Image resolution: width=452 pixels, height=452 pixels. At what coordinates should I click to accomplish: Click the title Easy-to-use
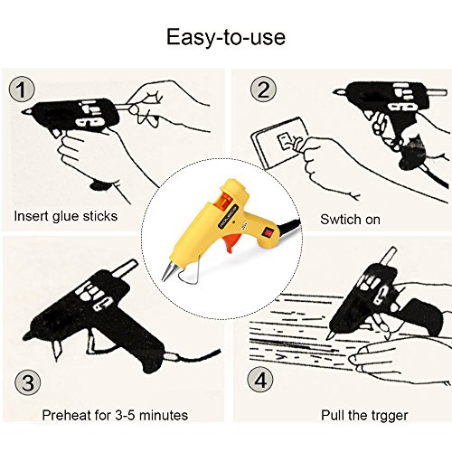click(226, 37)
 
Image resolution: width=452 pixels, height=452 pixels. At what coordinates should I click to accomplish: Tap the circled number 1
click(22, 89)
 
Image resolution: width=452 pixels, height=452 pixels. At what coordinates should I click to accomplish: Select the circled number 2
click(263, 89)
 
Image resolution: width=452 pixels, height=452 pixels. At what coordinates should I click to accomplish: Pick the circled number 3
click(28, 382)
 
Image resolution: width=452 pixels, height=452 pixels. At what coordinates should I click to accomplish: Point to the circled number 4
click(260, 380)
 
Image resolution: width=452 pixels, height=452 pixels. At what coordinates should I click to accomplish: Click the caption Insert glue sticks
click(66, 217)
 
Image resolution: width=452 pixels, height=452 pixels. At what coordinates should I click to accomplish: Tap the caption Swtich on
click(350, 220)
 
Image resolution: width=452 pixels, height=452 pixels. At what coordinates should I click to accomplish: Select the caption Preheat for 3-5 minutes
click(115, 415)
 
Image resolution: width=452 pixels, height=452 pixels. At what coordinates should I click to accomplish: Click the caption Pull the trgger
click(364, 416)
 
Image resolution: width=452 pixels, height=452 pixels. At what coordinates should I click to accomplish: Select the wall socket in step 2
click(278, 143)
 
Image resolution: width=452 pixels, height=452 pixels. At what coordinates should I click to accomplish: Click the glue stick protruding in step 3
click(124, 269)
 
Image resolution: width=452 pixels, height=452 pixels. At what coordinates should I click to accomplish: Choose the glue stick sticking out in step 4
click(389, 256)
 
